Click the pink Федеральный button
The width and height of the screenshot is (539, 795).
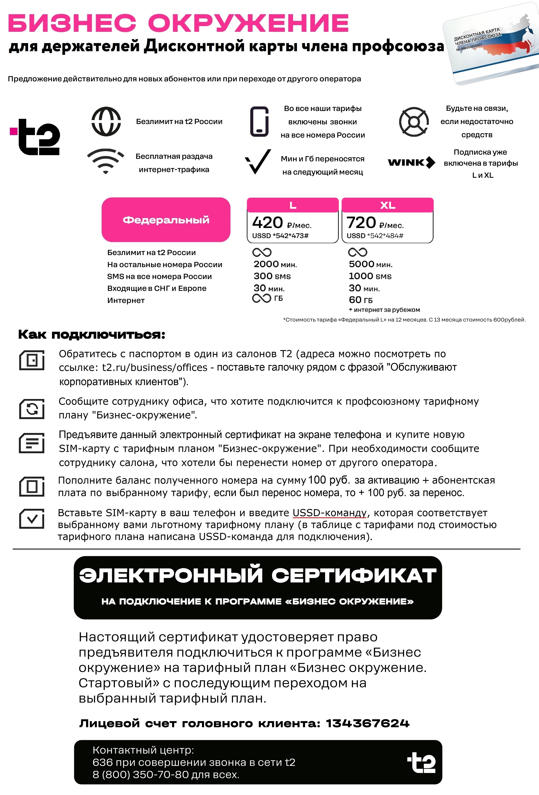[x=166, y=220]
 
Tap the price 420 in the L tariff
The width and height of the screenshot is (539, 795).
[x=267, y=223]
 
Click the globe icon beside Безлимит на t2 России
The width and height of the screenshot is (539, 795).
[x=106, y=122]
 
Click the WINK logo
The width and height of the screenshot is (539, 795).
[x=411, y=163]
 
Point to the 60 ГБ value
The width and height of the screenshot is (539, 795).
[x=361, y=300]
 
